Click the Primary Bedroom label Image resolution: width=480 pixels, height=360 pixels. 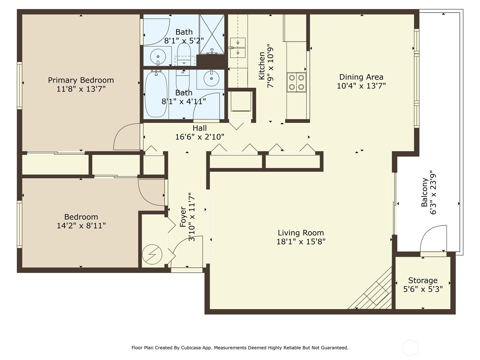coord(81,80)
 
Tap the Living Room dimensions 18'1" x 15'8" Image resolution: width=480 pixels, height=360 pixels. coord(301,242)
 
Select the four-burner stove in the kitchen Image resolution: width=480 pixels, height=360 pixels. coord(296,82)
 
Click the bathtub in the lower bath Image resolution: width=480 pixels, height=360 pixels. coord(156,94)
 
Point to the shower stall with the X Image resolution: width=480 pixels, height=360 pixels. coord(212,34)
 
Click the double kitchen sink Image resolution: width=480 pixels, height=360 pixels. coord(238,48)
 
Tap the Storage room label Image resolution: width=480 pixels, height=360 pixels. coord(423,280)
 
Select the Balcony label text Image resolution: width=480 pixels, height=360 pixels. coord(424,192)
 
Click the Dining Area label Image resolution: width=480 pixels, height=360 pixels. coord(361,77)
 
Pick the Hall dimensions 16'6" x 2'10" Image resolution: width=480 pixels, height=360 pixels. coord(200,137)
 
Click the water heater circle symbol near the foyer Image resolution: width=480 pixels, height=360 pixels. coord(152,254)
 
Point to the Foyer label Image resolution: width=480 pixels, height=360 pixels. coord(183,217)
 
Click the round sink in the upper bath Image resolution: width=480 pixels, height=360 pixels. coord(158,57)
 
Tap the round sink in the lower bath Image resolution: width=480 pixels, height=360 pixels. coord(211,78)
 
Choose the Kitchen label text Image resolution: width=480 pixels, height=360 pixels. coord(262,66)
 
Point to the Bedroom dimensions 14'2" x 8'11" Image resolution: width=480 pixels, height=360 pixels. coord(81,226)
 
